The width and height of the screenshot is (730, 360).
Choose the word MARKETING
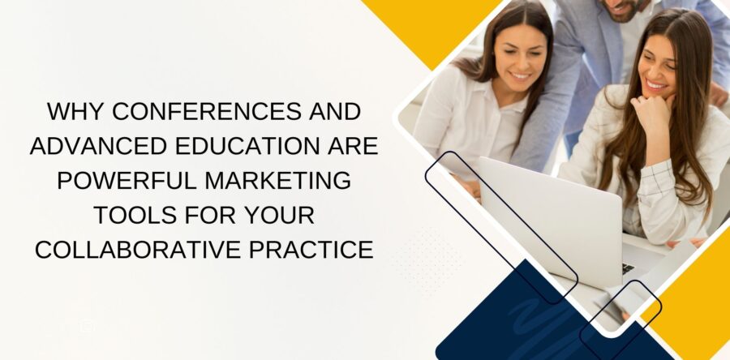coord(273,180)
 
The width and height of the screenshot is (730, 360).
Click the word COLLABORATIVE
coord(140,251)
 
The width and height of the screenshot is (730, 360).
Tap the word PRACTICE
coord(316,251)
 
